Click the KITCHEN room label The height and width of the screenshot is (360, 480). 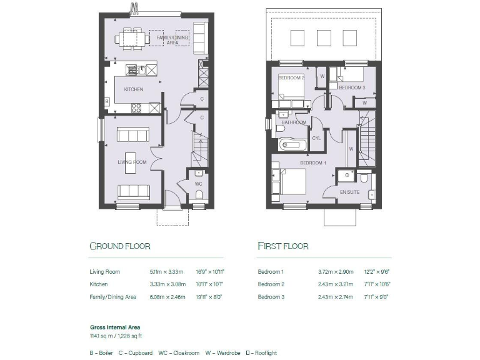(x=133, y=89)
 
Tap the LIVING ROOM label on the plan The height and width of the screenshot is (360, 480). (x=132, y=162)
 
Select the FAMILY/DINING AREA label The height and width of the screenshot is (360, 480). (x=167, y=40)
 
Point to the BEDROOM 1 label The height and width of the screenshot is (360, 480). (x=313, y=162)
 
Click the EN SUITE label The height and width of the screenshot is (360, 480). (x=349, y=192)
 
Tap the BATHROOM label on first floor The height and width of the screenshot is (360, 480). (x=294, y=122)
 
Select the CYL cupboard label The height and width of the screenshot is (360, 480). (x=316, y=137)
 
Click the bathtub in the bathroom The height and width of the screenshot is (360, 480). (x=292, y=146)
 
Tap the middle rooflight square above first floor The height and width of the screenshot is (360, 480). (x=322, y=37)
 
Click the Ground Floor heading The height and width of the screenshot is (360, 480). (x=120, y=246)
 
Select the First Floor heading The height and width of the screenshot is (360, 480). (x=283, y=246)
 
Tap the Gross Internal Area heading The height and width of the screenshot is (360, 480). (x=115, y=327)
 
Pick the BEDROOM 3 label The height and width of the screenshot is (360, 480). (x=352, y=88)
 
